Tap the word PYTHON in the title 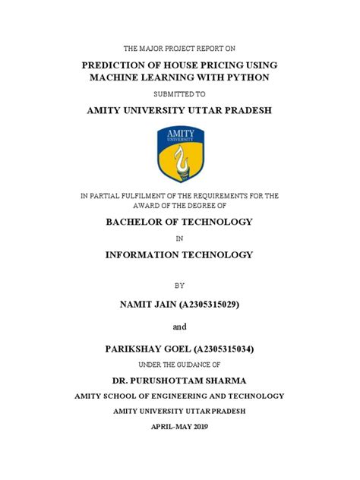248,78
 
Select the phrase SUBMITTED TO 180,95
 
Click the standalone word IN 180,238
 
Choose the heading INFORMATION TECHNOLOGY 180,254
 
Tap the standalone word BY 180,286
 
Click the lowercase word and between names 180,327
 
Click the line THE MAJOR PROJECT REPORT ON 180,49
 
